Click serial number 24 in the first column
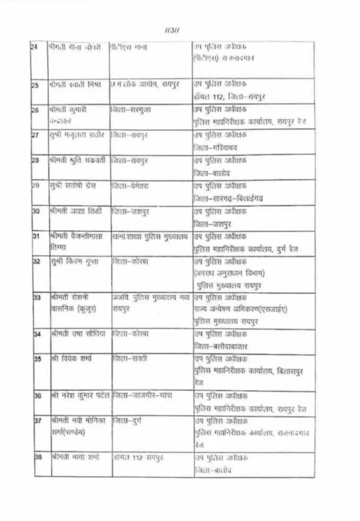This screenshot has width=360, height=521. pos(35,47)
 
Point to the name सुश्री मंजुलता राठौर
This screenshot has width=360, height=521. pos(77,135)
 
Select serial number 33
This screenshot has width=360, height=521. pos(37,298)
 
